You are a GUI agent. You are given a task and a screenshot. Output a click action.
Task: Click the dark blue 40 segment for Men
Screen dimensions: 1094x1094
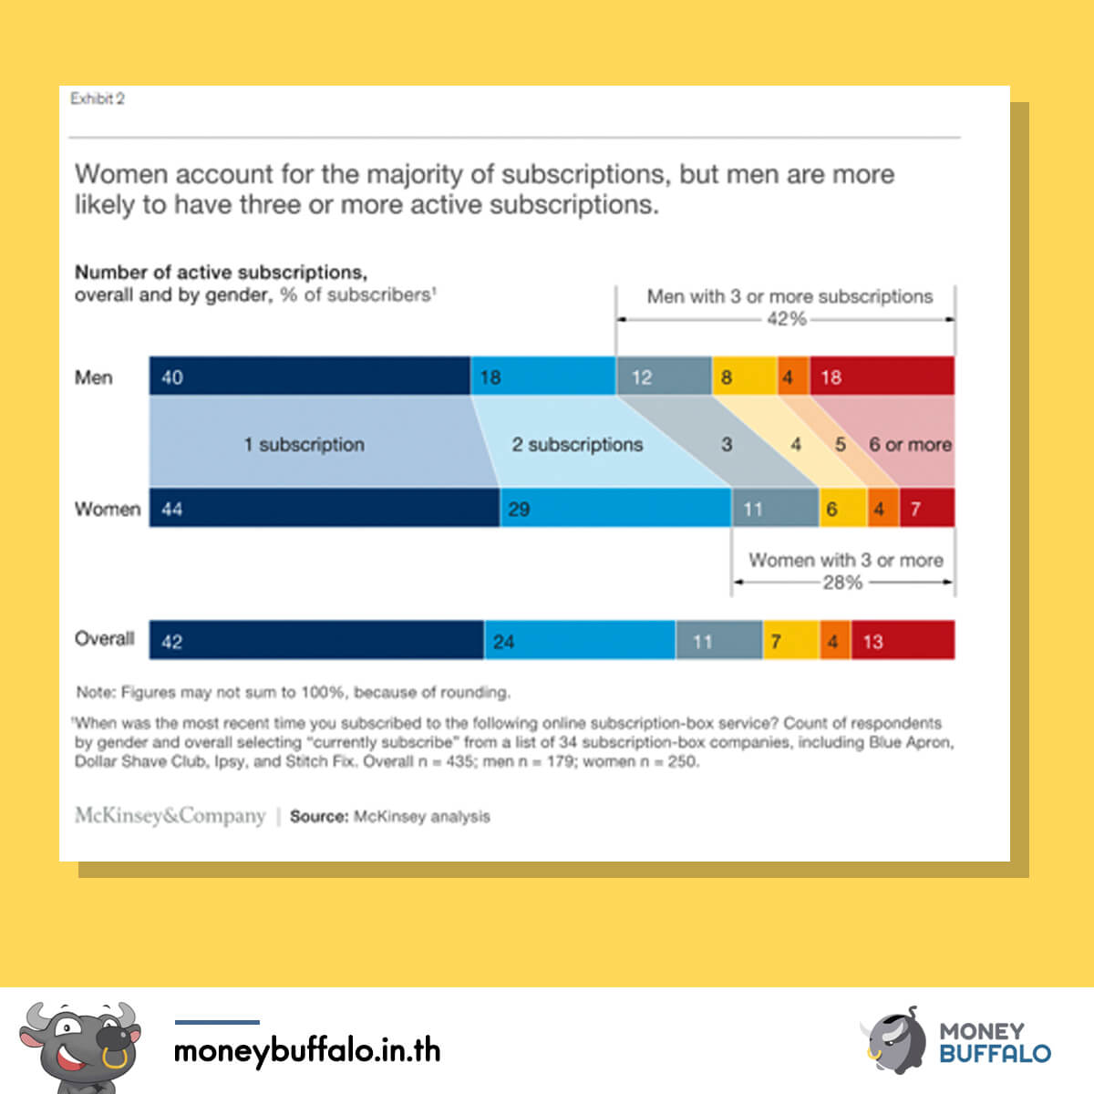pyautogui.click(x=309, y=376)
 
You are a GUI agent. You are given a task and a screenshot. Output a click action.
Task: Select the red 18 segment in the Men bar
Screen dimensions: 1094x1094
pyautogui.click(x=882, y=376)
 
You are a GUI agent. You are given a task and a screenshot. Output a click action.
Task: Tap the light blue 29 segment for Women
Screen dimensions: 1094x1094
pyautogui.click(x=615, y=508)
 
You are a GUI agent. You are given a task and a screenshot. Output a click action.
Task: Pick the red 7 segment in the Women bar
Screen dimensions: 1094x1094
pyautogui.click(x=927, y=508)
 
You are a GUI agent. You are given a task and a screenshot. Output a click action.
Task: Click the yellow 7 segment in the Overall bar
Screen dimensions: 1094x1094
pyautogui.click(x=790, y=640)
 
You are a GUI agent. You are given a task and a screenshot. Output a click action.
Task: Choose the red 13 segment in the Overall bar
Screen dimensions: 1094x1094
pyautogui.click(x=903, y=640)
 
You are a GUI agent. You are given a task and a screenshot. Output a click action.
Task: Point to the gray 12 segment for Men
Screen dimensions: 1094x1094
pyautogui.click(x=664, y=376)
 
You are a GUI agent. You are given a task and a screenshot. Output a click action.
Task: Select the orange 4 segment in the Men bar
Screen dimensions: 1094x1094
pyautogui.click(x=794, y=376)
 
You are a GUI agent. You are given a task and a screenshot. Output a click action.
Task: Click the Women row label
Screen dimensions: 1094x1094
pyautogui.click(x=108, y=509)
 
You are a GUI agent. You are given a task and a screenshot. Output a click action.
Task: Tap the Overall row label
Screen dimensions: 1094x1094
pyautogui.click(x=105, y=639)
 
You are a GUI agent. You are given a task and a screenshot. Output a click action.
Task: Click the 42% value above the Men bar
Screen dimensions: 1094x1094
pyautogui.click(x=786, y=319)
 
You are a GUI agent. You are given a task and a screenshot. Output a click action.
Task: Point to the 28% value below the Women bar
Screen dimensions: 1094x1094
pyautogui.click(x=842, y=582)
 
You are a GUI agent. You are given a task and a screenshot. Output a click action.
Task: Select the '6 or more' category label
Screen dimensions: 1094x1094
pyautogui.click(x=910, y=445)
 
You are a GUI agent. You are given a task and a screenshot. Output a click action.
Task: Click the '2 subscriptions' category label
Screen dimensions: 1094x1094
pyautogui.click(x=577, y=445)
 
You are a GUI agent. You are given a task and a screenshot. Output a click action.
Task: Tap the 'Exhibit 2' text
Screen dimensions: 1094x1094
pyautogui.click(x=97, y=98)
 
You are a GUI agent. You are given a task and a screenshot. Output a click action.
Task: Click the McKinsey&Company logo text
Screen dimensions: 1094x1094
pyautogui.click(x=170, y=815)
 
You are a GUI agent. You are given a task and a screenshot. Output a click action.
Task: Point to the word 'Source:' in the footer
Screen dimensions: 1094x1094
pyautogui.click(x=319, y=816)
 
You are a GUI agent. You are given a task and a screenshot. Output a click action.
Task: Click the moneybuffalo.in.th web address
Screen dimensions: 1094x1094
pyautogui.click(x=307, y=1050)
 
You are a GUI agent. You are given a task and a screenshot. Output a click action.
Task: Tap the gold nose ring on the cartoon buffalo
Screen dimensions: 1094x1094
pyautogui.click(x=115, y=1058)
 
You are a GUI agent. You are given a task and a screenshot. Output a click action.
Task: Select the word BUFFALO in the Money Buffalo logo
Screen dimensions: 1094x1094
pyautogui.click(x=996, y=1054)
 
